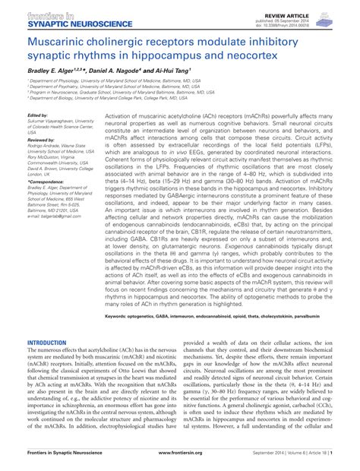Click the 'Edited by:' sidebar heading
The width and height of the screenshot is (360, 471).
(x=38, y=116)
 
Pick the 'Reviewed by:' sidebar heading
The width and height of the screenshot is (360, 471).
(x=42, y=140)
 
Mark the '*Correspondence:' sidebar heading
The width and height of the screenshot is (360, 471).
(x=46, y=182)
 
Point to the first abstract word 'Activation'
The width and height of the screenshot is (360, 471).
(x=118, y=117)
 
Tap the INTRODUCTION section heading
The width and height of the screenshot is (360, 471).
(x=47, y=343)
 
